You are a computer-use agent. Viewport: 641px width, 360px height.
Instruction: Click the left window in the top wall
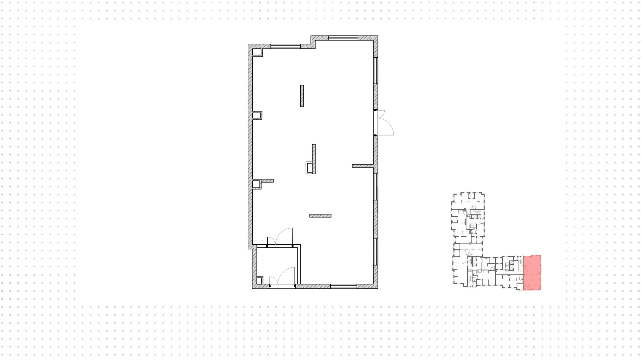[x=285, y=46]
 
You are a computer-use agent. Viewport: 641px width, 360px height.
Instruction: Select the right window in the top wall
[x=343, y=38]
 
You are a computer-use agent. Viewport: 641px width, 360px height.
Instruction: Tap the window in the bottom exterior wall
[x=344, y=286]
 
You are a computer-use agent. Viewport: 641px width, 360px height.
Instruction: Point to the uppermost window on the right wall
[x=376, y=70]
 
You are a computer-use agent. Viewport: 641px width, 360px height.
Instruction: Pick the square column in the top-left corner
[x=257, y=52]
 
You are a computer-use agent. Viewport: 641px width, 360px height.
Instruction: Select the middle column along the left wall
[x=257, y=115]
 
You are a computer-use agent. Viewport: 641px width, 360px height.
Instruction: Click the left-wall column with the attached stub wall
[x=256, y=184]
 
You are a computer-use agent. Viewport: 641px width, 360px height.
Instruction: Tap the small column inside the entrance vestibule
[x=260, y=280]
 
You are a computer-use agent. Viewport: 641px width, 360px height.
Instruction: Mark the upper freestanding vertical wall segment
[x=302, y=96]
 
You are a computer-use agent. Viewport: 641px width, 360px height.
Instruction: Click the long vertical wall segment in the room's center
[x=314, y=159]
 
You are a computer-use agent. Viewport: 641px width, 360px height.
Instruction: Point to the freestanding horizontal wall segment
[x=320, y=216]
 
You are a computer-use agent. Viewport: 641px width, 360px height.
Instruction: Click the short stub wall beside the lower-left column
[x=268, y=181]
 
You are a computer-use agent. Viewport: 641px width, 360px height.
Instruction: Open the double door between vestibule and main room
[x=280, y=241]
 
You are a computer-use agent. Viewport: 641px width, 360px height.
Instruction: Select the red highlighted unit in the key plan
[x=532, y=273]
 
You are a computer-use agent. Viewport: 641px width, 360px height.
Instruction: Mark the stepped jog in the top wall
[x=313, y=43]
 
